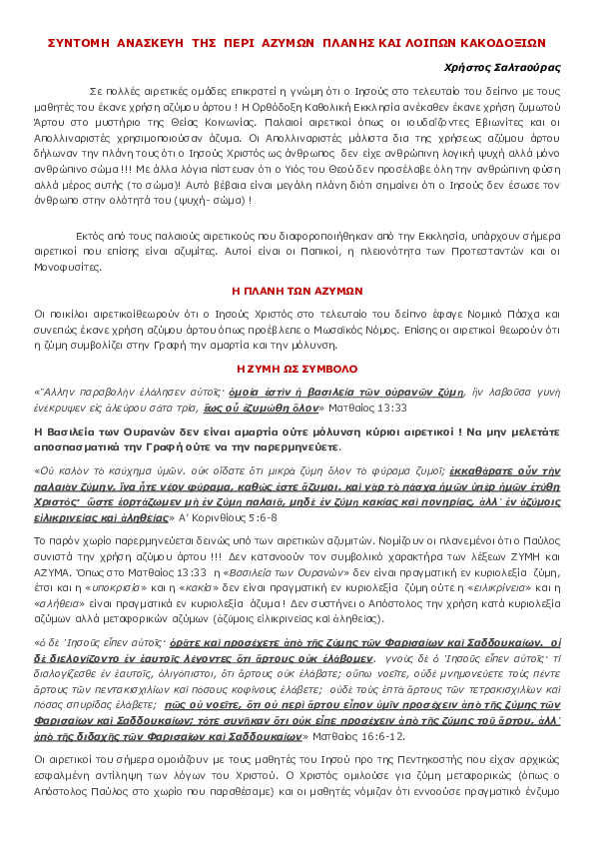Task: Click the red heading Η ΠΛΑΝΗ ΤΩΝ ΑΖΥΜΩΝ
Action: [x=297, y=291]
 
